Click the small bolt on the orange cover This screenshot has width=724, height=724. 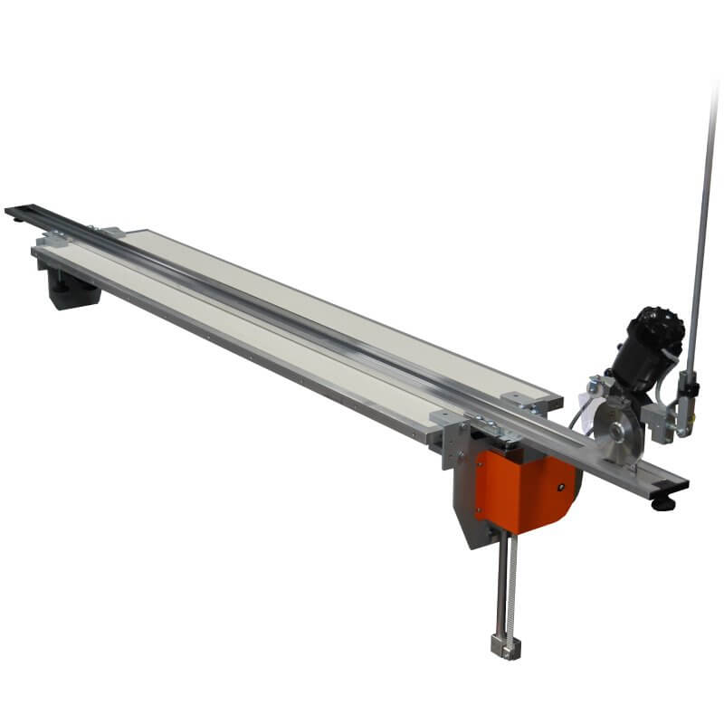(x=561, y=488)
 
